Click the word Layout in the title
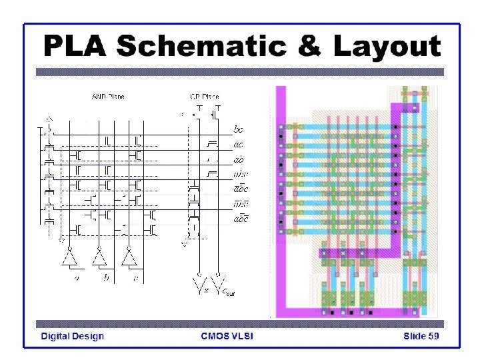click(x=386, y=47)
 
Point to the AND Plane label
click(x=107, y=97)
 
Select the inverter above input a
click(x=71, y=257)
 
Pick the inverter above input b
click(x=99, y=257)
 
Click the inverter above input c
click(x=128, y=257)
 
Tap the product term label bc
click(x=238, y=129)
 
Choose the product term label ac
click(x=238, y=144)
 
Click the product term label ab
click(x=238, y=159)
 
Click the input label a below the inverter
click(x=77, y=279)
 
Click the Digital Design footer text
click(x=73, y=336)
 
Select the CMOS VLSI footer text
click(x=227, y=336)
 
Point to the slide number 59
click(x=433, y=336)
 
